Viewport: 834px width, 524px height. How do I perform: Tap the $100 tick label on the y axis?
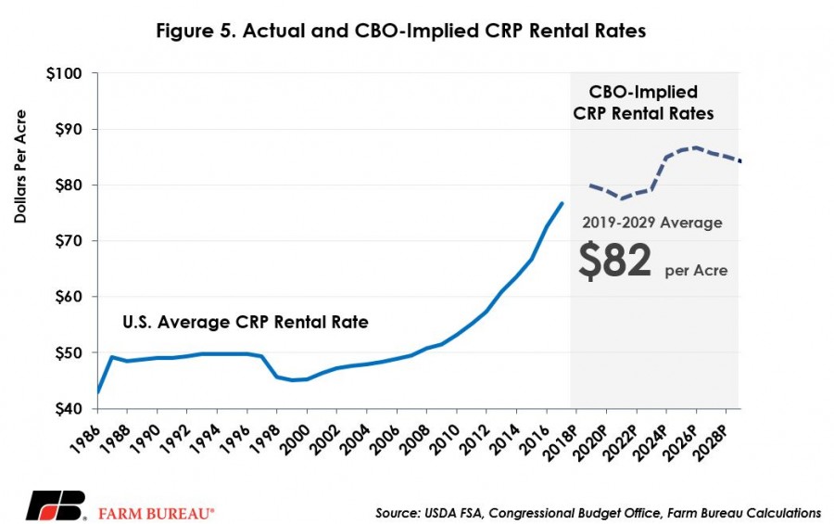(64, 73)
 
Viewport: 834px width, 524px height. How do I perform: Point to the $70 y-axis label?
(69, 241)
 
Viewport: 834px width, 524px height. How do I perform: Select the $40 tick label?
(69, 409)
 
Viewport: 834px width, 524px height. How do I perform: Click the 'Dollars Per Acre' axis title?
(20, 166)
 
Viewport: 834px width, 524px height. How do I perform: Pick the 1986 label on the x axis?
(85, 440)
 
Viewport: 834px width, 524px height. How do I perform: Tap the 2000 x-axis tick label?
(294, 440)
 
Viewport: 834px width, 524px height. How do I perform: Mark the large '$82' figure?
(615, 261)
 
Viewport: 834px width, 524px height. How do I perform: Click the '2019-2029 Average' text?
(652, 222)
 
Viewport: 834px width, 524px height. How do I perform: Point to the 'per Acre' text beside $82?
(696, 271)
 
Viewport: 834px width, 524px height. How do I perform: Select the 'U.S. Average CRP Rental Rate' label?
(246, 322)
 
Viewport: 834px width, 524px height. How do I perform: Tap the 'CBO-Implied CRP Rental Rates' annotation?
(643, 102)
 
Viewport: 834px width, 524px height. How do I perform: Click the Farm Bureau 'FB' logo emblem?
(56, 505)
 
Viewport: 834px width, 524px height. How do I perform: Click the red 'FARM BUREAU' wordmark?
(157, 514)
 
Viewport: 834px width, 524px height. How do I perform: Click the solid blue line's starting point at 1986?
(98, 392)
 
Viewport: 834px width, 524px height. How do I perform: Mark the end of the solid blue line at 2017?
(562, 203)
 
